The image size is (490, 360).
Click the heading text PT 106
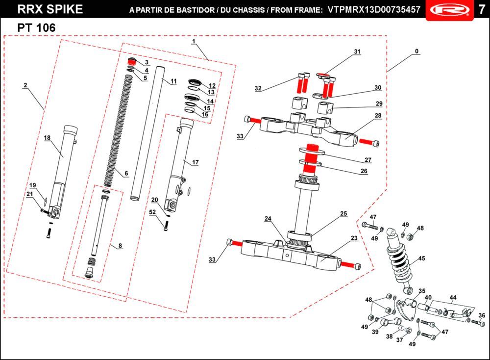click(36, 28)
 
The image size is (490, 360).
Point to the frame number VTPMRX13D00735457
click(373, 10)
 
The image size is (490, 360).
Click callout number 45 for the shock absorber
click(421, 258)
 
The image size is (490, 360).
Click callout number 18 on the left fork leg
click(48, 138)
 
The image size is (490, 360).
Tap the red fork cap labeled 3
click(131, 62)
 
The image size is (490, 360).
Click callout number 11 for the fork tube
click(173, 81)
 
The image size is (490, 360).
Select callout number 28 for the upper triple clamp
click(378, 116)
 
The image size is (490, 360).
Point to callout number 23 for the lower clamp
click(354, 238)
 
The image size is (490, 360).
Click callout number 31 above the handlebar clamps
click(357, 52)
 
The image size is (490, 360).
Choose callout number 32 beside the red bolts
click(258, 88)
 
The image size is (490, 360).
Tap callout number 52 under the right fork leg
click(153, 212)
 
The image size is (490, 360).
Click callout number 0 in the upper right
click(416, 51)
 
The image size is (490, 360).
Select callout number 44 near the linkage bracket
click(453, 298)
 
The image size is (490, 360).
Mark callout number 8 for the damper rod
click(120, 246)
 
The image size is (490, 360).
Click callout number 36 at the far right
click(482, 315)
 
